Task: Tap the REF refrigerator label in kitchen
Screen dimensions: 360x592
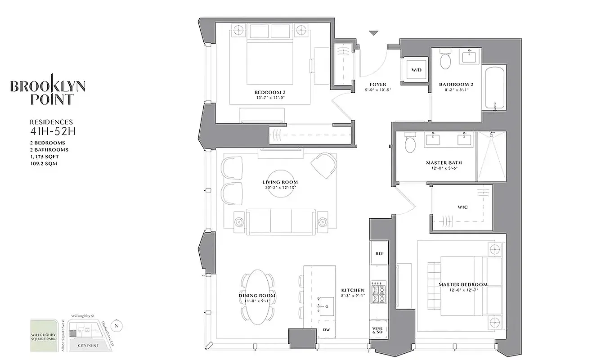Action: click(x=378, y=254)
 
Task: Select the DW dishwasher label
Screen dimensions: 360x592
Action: click(x=326, y=329)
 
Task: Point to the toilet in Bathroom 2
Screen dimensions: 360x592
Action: click(x=445, y=61)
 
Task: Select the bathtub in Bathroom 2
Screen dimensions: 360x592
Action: click(x=495, y=88)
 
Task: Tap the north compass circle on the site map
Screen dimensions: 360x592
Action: click(x=117, y=325)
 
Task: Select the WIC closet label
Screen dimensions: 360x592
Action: click(x=462, y=207)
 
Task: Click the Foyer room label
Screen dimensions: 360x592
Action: click(x=377, y=85)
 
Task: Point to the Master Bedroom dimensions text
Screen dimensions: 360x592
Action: click(x=463, y=290)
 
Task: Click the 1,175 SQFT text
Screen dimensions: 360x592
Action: click(x=43, y=157)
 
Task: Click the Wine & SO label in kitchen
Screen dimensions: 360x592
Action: click(x=378, y=331)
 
